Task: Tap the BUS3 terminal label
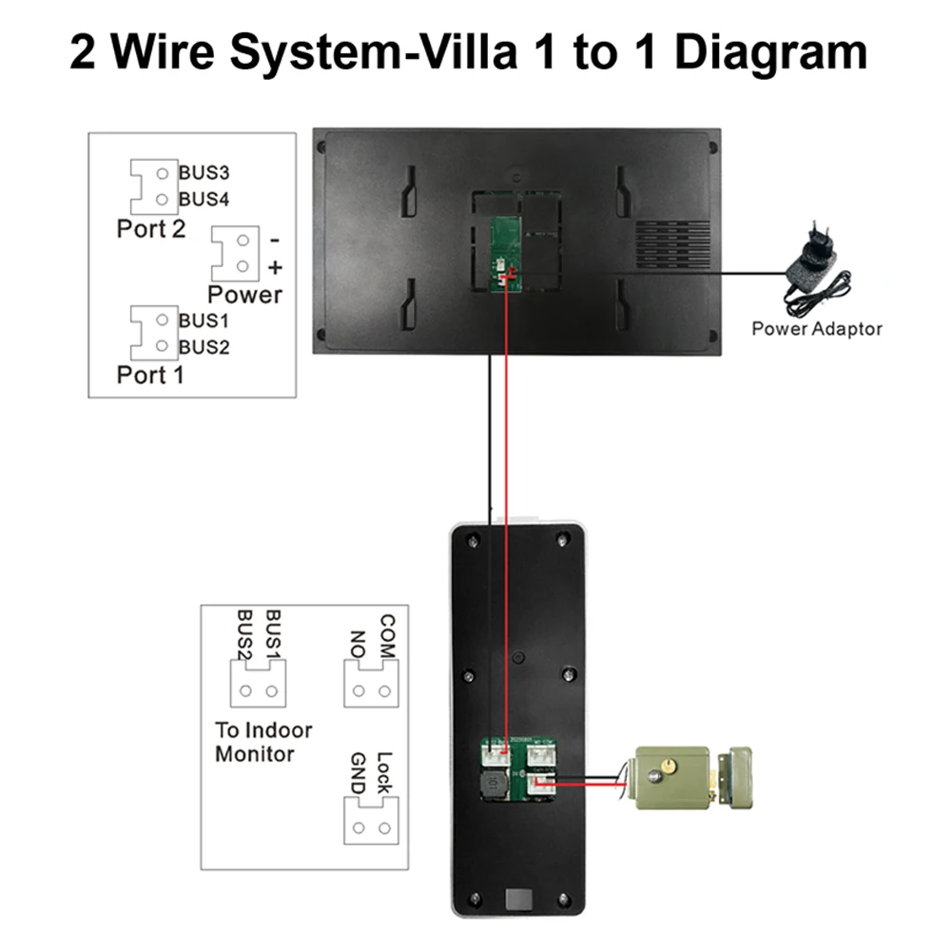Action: click(204, 174)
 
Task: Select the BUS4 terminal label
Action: click(204, 200)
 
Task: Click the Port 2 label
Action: click(150, 229)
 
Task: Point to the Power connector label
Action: click(244, 295)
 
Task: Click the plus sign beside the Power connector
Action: click(276, 267)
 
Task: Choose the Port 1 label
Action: click(150, 374)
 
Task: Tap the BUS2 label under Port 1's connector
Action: click(204, 347)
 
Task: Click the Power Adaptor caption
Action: click(817, 329)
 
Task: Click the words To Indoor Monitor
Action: click(263, 743)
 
